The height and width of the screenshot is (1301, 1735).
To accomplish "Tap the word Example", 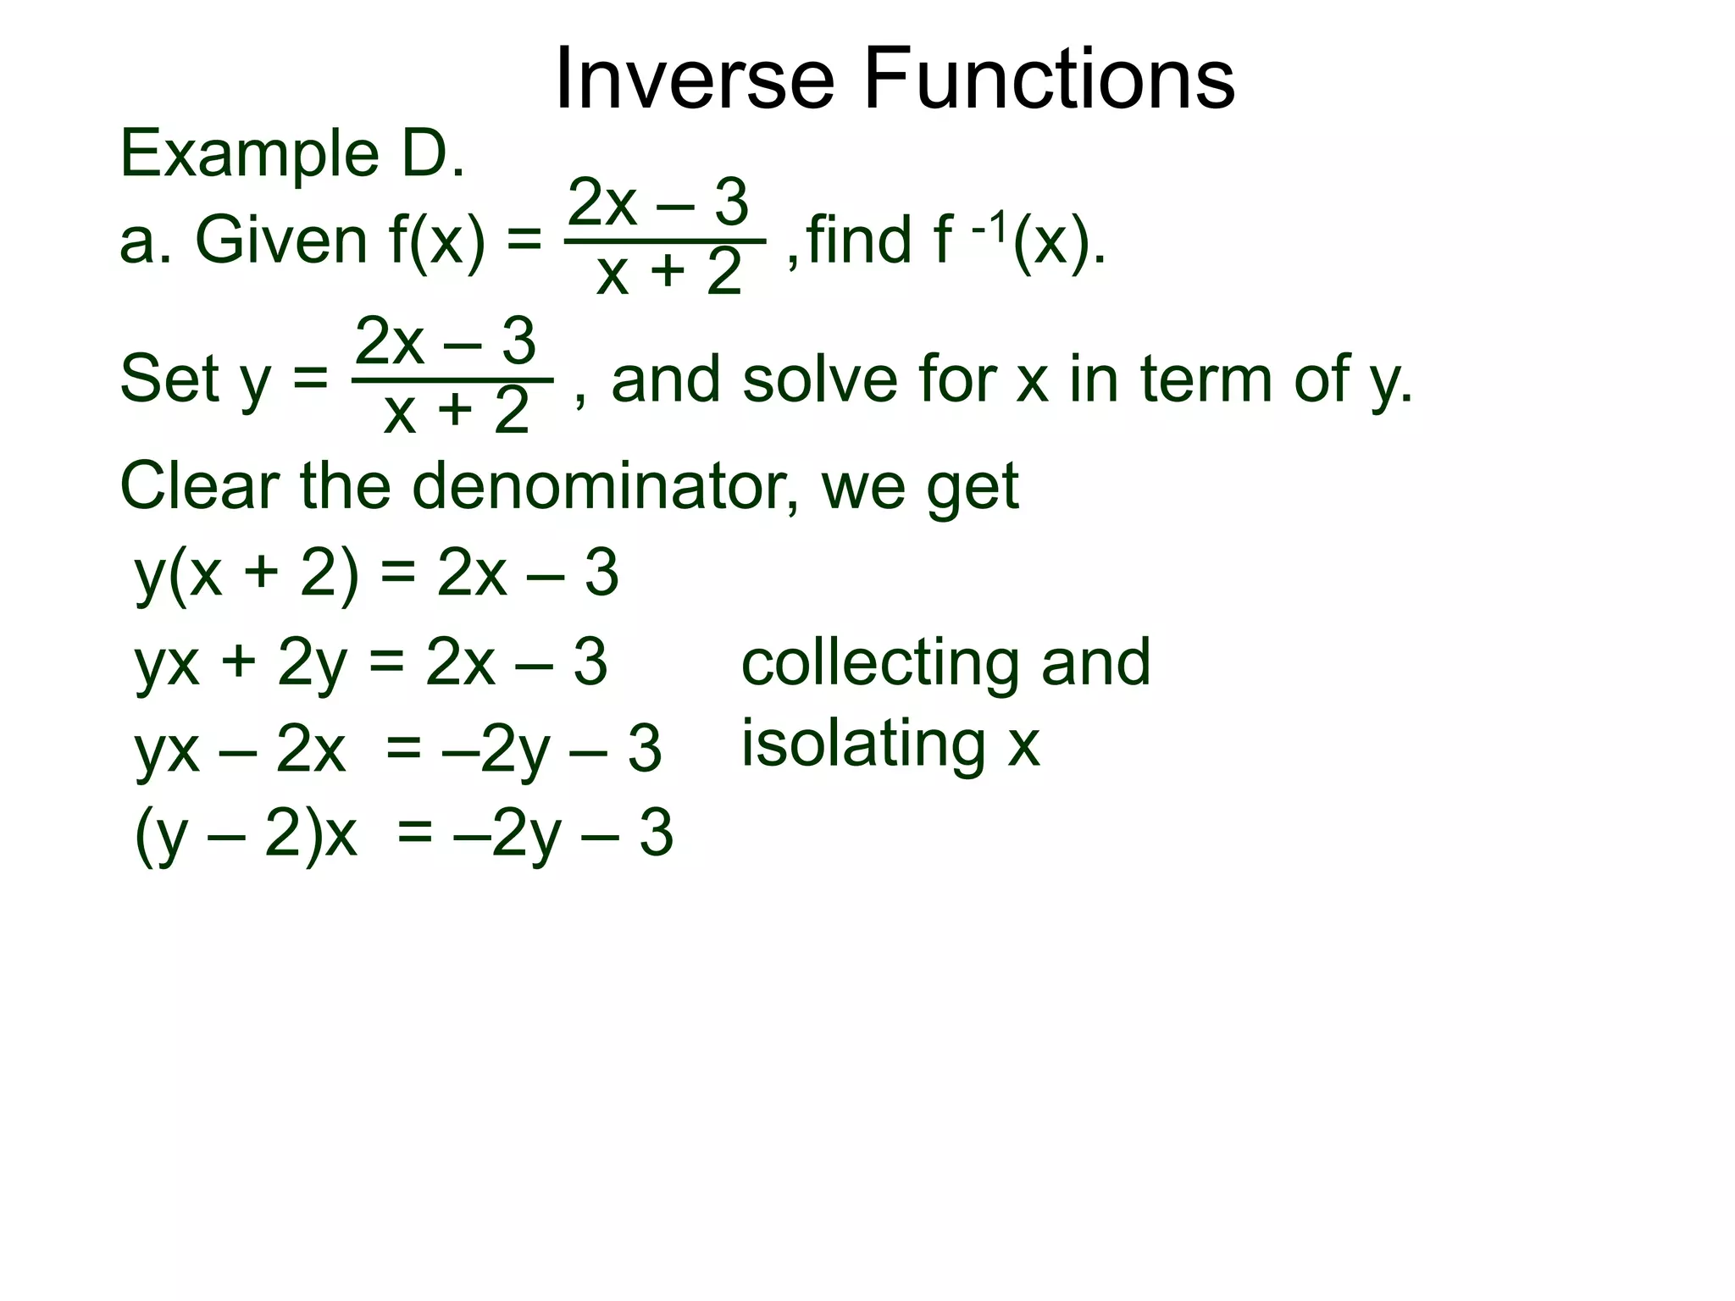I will click(x=249, y=154).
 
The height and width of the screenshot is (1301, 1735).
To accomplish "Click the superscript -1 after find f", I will click(x=989, y=227).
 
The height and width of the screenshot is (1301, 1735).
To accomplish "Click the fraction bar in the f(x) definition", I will click(x=665, y=241).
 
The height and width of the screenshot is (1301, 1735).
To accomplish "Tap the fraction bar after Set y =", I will click(x=452, y=380).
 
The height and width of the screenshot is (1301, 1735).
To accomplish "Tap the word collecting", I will click(x=880, y=662).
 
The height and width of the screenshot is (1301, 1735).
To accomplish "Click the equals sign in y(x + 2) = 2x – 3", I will click(x=397, y=574).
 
